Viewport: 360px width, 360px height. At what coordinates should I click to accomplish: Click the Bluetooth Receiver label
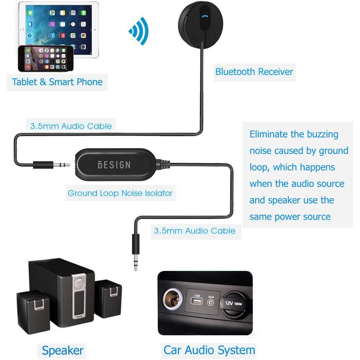pos(254,72)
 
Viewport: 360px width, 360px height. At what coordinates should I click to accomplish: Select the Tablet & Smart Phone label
pos(57,82)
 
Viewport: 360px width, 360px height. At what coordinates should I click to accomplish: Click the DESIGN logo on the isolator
pos(114,164)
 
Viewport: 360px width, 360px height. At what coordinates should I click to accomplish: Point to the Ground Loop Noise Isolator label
pos(120,193)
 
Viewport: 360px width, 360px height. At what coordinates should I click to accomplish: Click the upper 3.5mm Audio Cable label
pos(71,126)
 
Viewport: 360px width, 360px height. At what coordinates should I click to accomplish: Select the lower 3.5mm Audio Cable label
pos(195,231)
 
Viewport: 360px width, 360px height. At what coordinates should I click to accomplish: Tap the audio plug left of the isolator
pos(51,164)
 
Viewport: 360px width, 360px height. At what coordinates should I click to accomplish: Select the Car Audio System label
pos(209,349)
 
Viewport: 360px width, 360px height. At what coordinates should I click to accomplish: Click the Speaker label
pos(62,350)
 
